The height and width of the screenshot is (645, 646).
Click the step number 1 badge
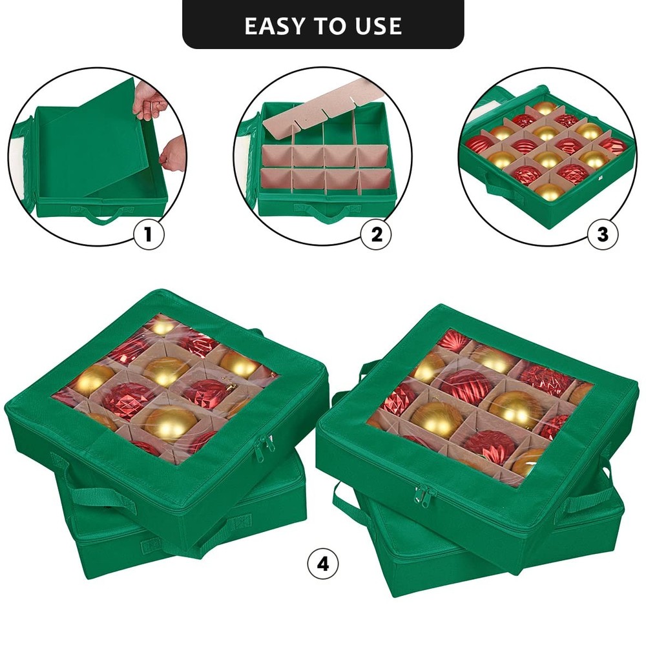(149, 235)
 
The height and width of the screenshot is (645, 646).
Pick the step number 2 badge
(377, 235)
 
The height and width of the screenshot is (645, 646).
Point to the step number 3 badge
(603, 235)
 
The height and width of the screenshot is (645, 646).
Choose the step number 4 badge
(323, 564)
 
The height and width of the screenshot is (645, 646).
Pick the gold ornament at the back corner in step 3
(545, 108)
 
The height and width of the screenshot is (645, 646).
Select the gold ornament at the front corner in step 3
(550, 192)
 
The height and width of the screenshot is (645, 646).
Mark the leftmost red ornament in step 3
(479, 145)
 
